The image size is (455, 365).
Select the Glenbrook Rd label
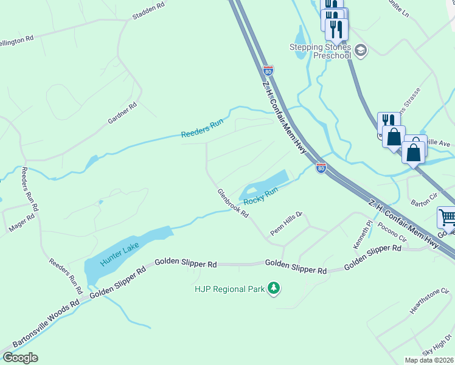(x=234, y=203)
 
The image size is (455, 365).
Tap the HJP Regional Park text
(x=230, y=289)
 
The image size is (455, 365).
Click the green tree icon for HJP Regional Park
(x=274, y=288)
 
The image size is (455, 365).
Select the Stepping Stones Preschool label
(x=320, y=51)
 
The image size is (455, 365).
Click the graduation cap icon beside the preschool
(x=361, y=50)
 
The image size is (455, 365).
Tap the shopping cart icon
(x=446, y=217)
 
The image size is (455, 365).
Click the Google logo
(x=20, y=358)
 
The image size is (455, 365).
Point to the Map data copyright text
(x=429, y=360)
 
